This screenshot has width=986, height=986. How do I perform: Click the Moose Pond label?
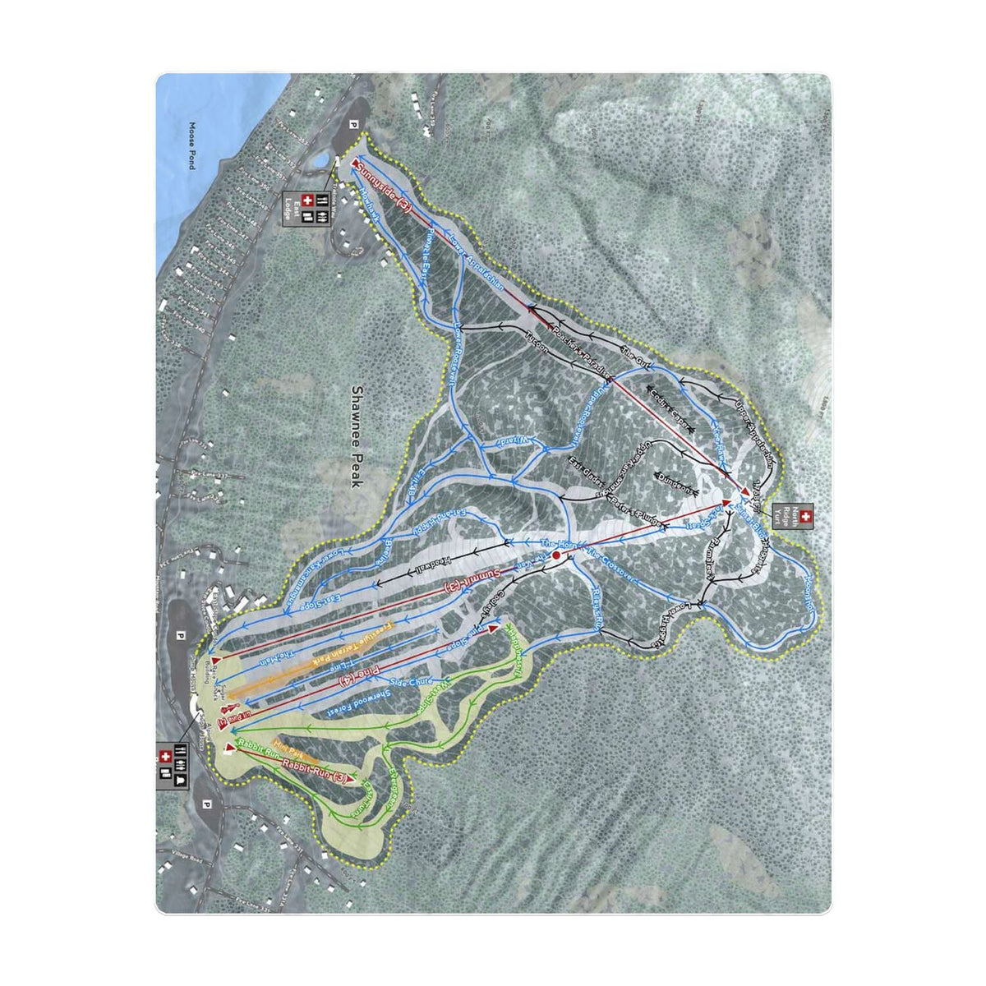[x=191, y=145]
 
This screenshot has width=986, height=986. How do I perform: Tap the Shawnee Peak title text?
[x=357, y=438]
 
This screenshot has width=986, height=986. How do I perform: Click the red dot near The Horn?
[x=556, y=556]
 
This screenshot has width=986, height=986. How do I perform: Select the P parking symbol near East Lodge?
[x=354, y=125]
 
